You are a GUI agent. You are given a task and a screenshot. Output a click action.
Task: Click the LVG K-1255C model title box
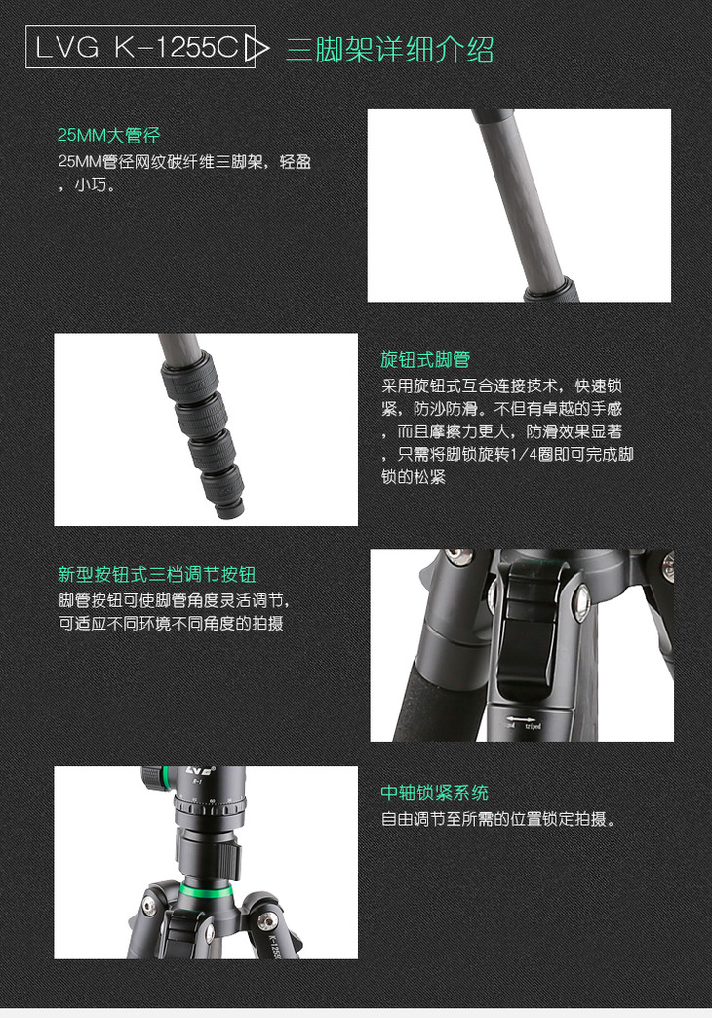139,47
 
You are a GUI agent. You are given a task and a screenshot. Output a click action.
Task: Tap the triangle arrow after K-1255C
257,49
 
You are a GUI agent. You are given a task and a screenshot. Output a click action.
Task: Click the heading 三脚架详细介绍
389,50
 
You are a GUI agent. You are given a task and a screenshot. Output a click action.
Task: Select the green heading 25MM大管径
108,135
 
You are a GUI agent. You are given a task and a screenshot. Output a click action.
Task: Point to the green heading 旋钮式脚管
425,360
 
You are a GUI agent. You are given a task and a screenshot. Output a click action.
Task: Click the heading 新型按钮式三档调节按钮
156,575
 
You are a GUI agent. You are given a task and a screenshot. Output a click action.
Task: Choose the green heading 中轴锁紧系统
434,793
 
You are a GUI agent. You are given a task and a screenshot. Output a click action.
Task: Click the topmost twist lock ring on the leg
190,379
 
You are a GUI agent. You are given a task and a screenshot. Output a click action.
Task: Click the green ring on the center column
202,889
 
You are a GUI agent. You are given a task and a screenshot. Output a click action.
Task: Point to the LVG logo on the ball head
198,772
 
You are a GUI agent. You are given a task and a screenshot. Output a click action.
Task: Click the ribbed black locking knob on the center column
227,858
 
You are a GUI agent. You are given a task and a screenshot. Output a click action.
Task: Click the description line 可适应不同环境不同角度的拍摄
172,624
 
